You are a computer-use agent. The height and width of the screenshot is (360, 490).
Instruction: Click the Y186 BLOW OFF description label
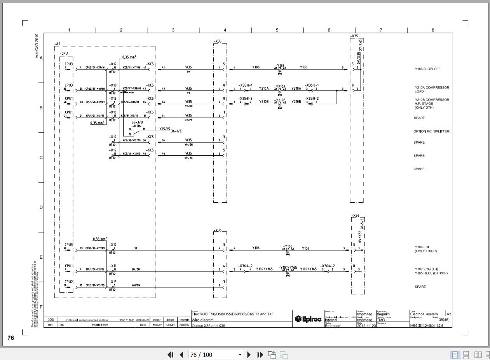click(x=427, y=69)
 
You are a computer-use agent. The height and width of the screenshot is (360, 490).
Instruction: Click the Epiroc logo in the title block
click(x=308, y=319)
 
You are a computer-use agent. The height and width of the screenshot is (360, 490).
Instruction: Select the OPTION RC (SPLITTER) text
click(x=432, y=131)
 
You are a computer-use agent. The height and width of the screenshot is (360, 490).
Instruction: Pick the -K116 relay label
click(x=136, y=126)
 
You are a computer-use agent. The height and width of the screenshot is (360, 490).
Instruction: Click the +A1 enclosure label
click(x=57, y=44)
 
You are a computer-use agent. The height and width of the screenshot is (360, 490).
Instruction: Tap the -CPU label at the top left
click(x=64, y=53)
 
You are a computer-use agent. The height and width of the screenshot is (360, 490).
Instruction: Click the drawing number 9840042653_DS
click(x=426, y=326)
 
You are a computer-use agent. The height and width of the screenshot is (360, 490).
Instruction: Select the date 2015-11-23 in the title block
click(x=366, y=326)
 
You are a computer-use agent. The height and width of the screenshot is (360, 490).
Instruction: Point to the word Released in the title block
click(x=332, y=326)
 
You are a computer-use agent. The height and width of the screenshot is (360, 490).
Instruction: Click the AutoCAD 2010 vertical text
click(x=37, y=46)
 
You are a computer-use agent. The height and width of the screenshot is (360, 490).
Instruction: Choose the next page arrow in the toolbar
click(x=249, y=355)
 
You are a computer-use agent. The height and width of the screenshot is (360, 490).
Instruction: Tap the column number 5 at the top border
click(x=277, y=30)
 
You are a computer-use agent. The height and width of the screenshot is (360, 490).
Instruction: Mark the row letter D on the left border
click(x=41, y=207)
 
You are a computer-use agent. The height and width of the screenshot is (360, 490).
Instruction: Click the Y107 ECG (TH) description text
click(x=426, y=269)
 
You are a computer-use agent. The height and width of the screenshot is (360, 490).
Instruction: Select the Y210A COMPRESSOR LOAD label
click(x=432, y=89)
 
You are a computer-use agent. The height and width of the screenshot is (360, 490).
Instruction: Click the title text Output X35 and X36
click(x=208, y=326)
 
